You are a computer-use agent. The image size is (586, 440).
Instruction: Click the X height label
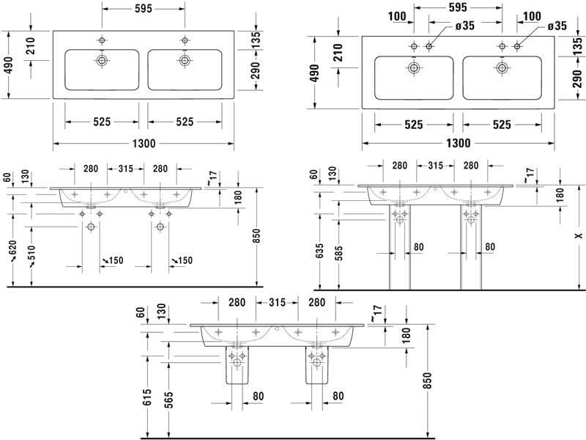(x=578, y=236)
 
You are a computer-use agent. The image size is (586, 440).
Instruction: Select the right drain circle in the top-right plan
(x=502, y=68)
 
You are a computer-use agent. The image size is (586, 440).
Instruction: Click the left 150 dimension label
(x=114, y=260)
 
